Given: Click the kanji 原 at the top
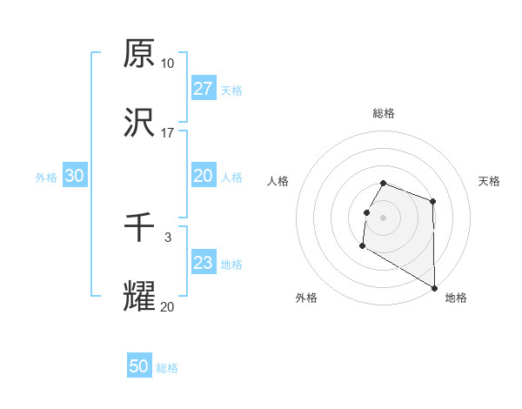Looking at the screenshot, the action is point(139,55).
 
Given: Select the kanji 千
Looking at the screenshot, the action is point(139,229).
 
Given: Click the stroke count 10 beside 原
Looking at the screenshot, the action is point(167,64).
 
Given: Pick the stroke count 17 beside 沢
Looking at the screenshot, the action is point(167,133).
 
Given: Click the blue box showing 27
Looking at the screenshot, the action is point(204,89).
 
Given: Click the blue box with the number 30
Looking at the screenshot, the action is point(75,176).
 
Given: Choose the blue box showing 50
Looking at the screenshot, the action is point(139,366).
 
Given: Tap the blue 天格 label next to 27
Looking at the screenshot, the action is point(231,90).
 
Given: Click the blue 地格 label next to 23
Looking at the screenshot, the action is point(231,264).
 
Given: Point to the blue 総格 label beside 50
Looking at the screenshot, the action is point(167,368).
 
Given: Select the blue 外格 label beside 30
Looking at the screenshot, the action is point(46,177).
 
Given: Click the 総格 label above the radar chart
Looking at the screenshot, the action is point(383,113).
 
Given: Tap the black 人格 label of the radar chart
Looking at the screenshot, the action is point(278,181).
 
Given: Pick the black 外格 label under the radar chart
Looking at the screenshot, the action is point(305,298).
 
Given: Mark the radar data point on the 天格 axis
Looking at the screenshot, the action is point(432,202).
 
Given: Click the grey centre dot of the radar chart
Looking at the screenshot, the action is point(383,218).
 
